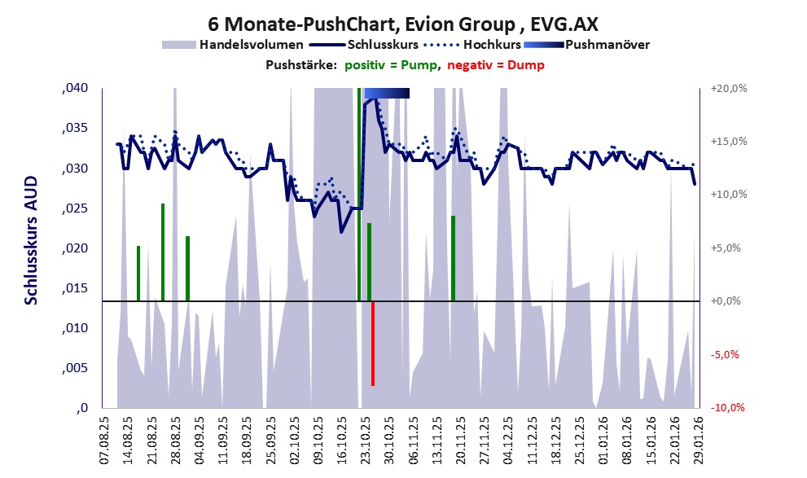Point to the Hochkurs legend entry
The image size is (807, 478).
click(486, 44)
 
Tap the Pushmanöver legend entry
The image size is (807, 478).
click(606, 44)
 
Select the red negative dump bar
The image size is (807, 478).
click(372, 343)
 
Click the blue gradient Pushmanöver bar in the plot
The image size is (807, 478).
click(387, 94)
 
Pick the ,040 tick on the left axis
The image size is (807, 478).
click(75, 89)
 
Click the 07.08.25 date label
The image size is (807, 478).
click(103, 440)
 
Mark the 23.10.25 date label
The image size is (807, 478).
click(366, 440)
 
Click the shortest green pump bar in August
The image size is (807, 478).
click(138, 273)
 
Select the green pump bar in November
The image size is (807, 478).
click(453, 258)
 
